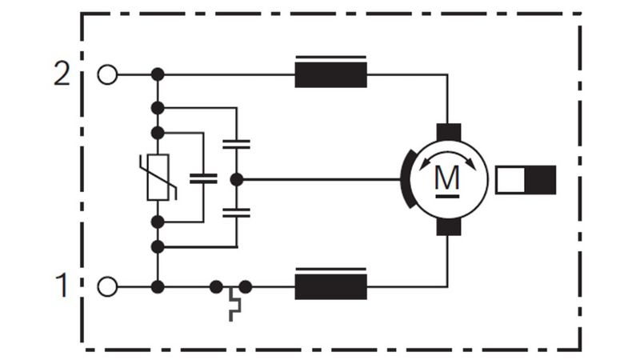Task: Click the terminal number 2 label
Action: pyautogui.click(x=62, y=74)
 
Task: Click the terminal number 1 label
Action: pyautogui.click(x=62, y=285)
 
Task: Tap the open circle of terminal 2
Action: pyautogui.click(x=107, y=74)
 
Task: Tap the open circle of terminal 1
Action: pyautogui.click(x=107, y=286)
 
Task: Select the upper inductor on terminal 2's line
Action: pyautogui.click(x=330, y=72)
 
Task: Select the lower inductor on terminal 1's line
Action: pyautogui.click(x=330, y=284)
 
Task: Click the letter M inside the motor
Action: pyautogui.click(x=447, y=178)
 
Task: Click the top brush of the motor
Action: pyautogui.click(x=449, y=132)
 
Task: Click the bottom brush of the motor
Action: pyautogui.click(x=449, y=226)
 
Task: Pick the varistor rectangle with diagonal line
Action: pyautogui.click(x=158, y=177)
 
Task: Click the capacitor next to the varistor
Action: pyautogui.click(x=203, y=178)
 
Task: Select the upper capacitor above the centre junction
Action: pyautogui.click(x=236, y=144)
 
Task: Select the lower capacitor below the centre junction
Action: pyautogui.click(x=236, y=212)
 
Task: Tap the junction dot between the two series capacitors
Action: pyautogui.click(x=237, y=179)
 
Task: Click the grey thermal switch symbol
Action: pyautogui.click(x=234, y=304)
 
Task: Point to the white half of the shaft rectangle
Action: pyautogui.click(x=510, y=179)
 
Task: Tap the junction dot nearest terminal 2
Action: pyautogui.click(x=158, y=74)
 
